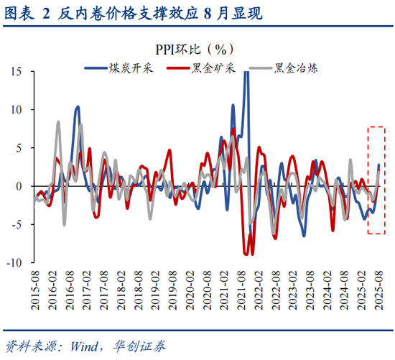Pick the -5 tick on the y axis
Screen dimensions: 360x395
point(18,224)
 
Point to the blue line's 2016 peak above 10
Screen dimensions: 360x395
point(78,107)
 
